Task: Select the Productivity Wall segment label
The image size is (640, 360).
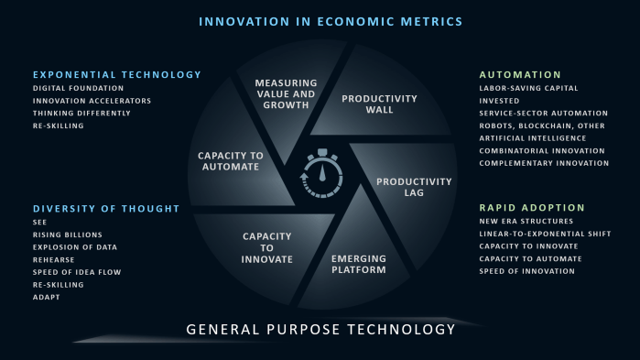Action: [379, 104]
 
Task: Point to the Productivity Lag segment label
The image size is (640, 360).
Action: [414, 187]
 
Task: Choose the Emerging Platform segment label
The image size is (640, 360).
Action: [358, 264]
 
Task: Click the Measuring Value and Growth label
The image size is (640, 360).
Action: [285, 93]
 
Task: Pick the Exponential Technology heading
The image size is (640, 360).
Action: [116, 74]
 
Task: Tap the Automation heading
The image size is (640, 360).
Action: [520, 74]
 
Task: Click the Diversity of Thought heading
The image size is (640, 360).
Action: [106, 208]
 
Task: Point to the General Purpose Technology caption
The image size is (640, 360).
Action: [320, 329]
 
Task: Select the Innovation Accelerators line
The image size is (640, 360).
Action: [92, 101]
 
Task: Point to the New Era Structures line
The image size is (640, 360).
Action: [526, 221]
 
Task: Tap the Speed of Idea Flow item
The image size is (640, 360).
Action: [77, 272]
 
